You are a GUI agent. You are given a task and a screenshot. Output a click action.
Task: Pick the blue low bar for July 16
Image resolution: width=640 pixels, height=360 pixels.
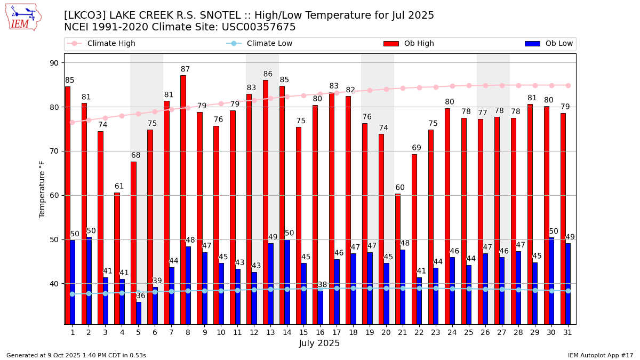click(320, 307)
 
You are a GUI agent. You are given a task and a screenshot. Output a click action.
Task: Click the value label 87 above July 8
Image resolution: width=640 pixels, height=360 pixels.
click(185, 69)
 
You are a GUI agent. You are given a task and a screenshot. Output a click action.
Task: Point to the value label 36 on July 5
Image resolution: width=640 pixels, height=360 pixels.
click(141, 296)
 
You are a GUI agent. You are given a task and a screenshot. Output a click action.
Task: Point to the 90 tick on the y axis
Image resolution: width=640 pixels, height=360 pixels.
click(54, 63)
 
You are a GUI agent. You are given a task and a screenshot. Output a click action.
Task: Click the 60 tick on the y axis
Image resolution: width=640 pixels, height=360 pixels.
click(54, 195)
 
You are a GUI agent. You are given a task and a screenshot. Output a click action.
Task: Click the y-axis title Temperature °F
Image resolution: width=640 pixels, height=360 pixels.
click(43, 189)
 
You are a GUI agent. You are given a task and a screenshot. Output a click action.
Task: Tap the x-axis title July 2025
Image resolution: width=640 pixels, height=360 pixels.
click(319, 343)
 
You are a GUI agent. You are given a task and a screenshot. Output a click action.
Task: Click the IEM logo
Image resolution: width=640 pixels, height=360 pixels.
click(23, 17)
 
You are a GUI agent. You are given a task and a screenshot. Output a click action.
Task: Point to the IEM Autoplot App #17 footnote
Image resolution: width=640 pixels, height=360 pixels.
click(600, 355)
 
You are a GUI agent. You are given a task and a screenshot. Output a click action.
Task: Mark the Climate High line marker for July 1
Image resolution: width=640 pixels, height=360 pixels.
click(73, 122)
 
